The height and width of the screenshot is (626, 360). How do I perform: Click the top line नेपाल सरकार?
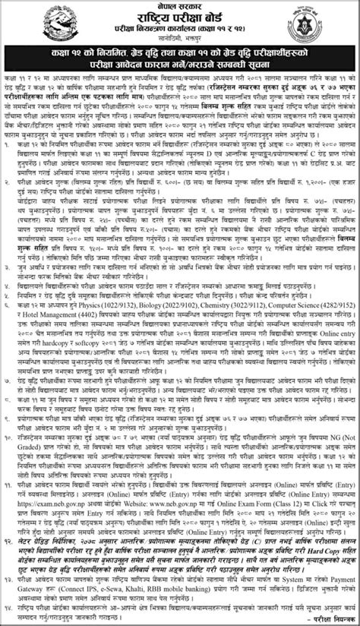(179, 6)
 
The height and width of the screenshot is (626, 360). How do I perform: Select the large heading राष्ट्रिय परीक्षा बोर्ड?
(179, 21)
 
